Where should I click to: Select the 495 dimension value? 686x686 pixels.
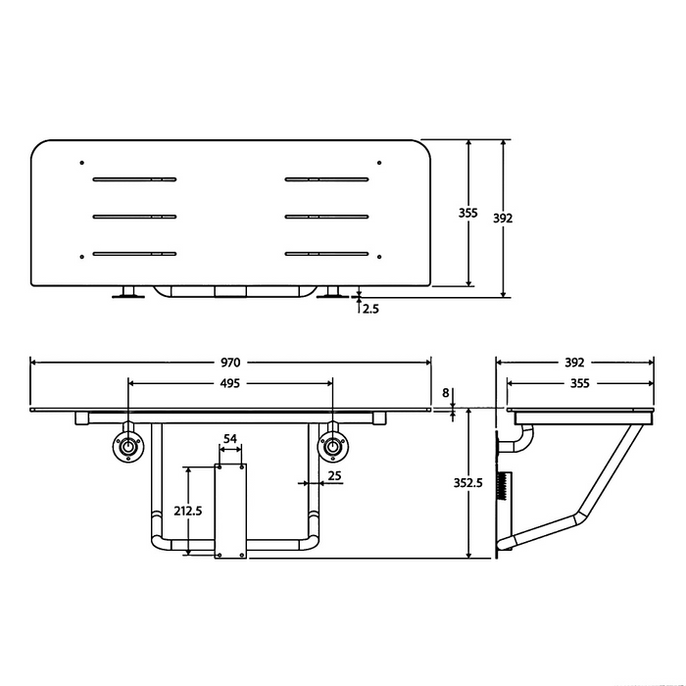pyautogui.click(x=229, y=383)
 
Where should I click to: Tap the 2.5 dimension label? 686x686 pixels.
pyautogui.click(x=370, y=309)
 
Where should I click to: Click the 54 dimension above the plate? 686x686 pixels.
pyautogui.click(x=230, y=438)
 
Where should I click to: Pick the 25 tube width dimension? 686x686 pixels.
pyautogui.click(x=334, y=476)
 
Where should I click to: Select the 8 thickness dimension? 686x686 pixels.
pyautogui.click(x=448, y=393)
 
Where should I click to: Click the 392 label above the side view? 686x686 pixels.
pyautogui.click(x=576, y=362)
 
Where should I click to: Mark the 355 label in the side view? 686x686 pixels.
pyautogui.click(x=578, y=383)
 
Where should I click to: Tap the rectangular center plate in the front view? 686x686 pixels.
pyautogui.click(x=231, y=510)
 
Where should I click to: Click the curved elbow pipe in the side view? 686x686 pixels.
pyautogui.click(x=519, y=441)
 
